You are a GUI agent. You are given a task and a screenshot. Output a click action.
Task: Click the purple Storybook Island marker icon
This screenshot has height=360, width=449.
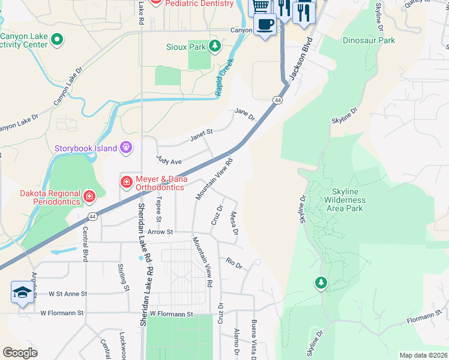coord(125,147)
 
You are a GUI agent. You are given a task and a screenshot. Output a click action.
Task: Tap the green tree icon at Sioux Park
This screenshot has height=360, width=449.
coord(214,46)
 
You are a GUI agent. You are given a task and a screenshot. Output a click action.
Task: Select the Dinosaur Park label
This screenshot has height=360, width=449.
coord(369,40)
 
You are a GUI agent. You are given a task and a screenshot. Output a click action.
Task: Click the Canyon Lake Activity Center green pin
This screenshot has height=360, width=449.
coord(57,40)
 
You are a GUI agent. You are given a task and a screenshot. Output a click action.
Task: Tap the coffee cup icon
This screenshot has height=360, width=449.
coord(265,25)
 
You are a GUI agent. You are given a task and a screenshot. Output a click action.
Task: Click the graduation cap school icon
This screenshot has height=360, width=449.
coord(22,293)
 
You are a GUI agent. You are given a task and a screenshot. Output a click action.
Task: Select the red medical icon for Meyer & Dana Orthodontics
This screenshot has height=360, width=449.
coord(126,181)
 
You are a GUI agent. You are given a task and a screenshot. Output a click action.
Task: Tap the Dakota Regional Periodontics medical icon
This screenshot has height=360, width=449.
coord(89,196)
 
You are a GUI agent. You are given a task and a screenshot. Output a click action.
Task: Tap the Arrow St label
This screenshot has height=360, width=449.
coord(161,232)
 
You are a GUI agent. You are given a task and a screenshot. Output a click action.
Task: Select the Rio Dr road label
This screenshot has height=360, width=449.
coord(234,263)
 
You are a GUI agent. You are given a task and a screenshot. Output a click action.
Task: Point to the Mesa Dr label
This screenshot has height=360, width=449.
coord(234,223)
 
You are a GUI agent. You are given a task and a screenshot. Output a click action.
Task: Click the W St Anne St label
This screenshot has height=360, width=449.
coord(67,294)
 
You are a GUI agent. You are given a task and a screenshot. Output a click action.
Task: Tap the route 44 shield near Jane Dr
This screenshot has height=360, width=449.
coord(277,100)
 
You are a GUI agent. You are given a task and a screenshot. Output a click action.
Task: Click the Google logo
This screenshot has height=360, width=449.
coord(20,353)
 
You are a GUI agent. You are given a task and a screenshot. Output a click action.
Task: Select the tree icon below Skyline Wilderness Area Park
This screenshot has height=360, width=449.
coord(322,283)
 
